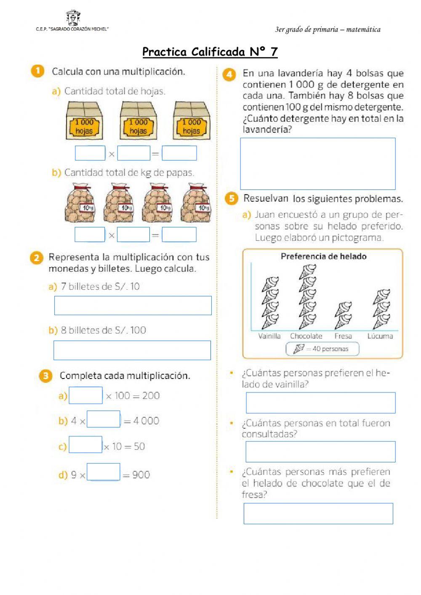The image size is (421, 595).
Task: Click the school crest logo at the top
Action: click(x=73, y=18)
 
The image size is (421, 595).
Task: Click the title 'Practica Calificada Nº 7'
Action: click(x=210, y=52)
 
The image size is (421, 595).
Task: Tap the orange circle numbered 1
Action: click(x=37, y=71)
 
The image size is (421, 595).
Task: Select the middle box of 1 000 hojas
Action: click(x=138, y=121)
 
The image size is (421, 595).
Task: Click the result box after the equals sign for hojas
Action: click(x=179, y=153)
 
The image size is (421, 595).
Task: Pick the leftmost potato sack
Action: click(x=80, y=203)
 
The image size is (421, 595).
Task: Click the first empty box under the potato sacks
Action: click(x=90, y=235)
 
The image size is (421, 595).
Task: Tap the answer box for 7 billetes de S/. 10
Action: click(x=133, y=306)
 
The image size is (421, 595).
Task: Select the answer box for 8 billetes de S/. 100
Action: click(x=132, y=350)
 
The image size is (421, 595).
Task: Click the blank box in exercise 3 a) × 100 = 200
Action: click(x=85, y=395)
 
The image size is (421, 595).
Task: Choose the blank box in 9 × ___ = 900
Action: click(x=103, y=472)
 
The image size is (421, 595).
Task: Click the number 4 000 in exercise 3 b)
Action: click(x=146, y=421)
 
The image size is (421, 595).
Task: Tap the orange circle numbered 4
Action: click(x=229, y=75)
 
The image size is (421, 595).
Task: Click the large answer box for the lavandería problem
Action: click(x=317, y=164)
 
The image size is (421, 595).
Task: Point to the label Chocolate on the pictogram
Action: click(x=306, y=336)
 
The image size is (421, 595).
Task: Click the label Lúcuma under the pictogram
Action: click(x=380, y=336)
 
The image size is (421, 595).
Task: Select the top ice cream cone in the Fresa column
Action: click(x=344, y=308)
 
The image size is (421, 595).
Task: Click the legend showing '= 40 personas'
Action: click(x=322, y=349)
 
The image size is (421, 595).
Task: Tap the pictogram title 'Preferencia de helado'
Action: click(x=323, y=256)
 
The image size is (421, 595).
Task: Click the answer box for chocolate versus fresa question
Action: click(x=318, y=513)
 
